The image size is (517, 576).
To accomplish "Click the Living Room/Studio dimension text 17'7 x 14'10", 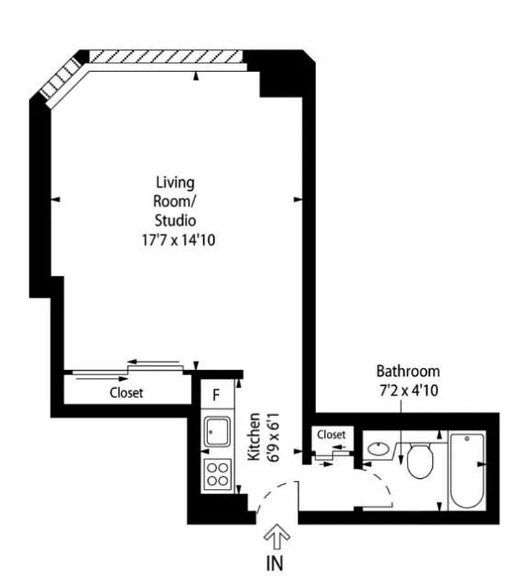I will click(x=178, y=240).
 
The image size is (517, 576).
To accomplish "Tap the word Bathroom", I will click(x=408, y=372).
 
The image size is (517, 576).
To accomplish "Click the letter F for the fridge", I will click(x=216, y=394).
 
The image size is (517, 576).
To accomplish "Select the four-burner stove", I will click(x=217, y=474).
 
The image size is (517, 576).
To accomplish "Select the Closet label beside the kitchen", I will click(x=126, y=393).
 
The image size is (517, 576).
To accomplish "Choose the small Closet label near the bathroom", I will click(x=331, y=435).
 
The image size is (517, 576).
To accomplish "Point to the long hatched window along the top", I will click(x=166, y=57).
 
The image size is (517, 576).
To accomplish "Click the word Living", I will click(x=175, y=183).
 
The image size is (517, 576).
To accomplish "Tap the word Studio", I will click(x=176, y=220).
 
